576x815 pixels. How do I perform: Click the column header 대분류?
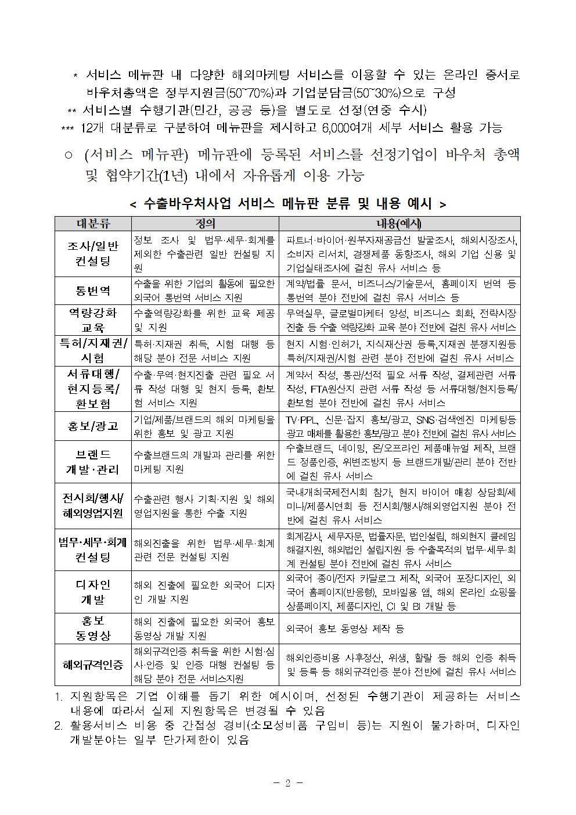[x=93, y=224]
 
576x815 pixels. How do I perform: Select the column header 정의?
[x=205, y=224]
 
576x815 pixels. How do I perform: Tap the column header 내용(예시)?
[x=399, y=224]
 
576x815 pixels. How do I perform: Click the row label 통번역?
[x=93, y=290]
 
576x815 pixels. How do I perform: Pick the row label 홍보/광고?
[x=93, y=426]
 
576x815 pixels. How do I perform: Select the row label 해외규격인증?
[x=93, y=665]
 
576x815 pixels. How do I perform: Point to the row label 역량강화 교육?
[x=93, y=320]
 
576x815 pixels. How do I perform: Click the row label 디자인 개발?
[x=93, y=592]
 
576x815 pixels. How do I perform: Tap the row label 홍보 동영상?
[x=93, y=629]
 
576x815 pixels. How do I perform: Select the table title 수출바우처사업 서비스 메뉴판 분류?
[x=287, y=204]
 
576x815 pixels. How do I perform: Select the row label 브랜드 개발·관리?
[x=93, y=462]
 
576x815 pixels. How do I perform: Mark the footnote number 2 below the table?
[x=58, y=726]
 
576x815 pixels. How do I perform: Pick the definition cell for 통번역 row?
[x=204, y=290]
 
